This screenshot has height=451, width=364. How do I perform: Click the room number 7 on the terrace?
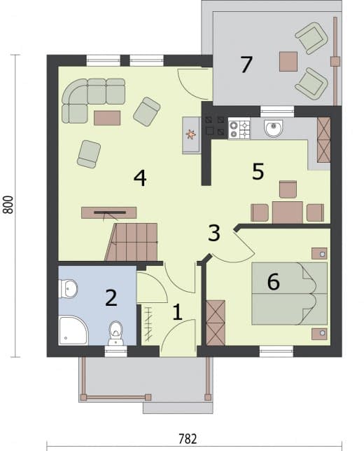(246, 65)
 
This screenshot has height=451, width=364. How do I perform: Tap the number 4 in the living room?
(140, 178)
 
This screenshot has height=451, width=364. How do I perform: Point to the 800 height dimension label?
(8, 205)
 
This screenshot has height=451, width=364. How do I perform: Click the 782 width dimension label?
(188, 439)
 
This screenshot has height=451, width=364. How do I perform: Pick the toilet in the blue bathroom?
(115, 333)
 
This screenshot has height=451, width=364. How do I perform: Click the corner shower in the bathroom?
(73, 330)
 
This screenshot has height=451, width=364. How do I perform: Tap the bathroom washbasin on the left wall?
(68, 288)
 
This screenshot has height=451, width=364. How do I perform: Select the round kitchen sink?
(274, 128)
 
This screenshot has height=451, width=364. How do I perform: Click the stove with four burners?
(239, 128)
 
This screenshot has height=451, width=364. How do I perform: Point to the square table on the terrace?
(288, 61)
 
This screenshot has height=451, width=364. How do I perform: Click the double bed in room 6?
(289, 294)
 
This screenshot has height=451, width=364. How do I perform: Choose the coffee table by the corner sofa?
(107, 118)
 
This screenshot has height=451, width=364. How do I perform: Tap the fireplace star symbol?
(190, 135)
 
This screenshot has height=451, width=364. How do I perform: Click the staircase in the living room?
(132, 242)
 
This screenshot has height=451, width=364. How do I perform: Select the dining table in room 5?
(288, 213)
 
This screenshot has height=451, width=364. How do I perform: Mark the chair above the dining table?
(288, 189)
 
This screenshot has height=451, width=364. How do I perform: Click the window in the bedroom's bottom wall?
(276, 351)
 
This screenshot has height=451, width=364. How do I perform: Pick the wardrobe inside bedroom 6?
(216, 323)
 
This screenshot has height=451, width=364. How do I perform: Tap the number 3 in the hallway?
(214, 233)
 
